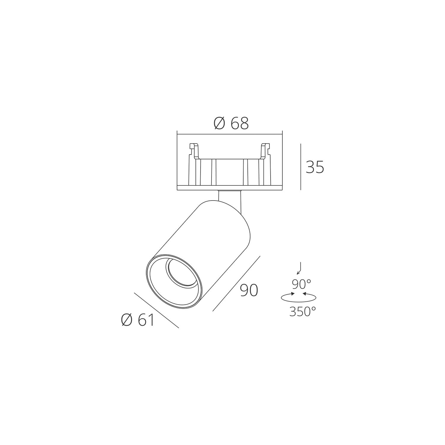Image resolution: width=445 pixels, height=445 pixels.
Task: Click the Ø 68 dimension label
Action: tap(231, 123)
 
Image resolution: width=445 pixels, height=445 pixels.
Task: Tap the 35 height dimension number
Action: tap(315, 167)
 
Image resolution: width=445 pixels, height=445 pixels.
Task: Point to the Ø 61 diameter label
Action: tap(138, 320)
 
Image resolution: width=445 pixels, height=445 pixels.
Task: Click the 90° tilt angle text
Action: tap(301, 285)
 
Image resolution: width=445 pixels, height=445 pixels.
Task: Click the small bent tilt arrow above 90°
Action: tap(300, 268)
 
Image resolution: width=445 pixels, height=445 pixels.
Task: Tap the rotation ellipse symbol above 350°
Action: tap(298, 297)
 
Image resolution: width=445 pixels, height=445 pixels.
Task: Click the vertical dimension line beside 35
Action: tap(301, 167)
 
